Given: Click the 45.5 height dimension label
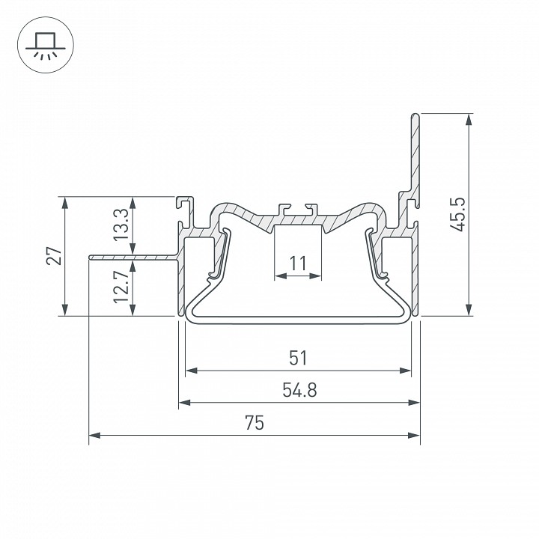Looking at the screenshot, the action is [458, 214].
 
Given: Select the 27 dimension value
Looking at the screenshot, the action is [55, 255].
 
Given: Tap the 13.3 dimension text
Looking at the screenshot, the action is [121, 225].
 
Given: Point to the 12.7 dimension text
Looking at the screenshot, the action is [121, 286].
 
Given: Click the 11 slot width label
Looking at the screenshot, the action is [298, 264].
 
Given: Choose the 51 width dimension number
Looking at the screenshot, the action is [298, 358].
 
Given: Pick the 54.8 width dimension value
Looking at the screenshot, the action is [299, 390].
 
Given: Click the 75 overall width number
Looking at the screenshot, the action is [255, 422].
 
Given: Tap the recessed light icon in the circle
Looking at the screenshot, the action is [46, 46].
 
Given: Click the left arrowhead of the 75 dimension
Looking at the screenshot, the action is [95, 435].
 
